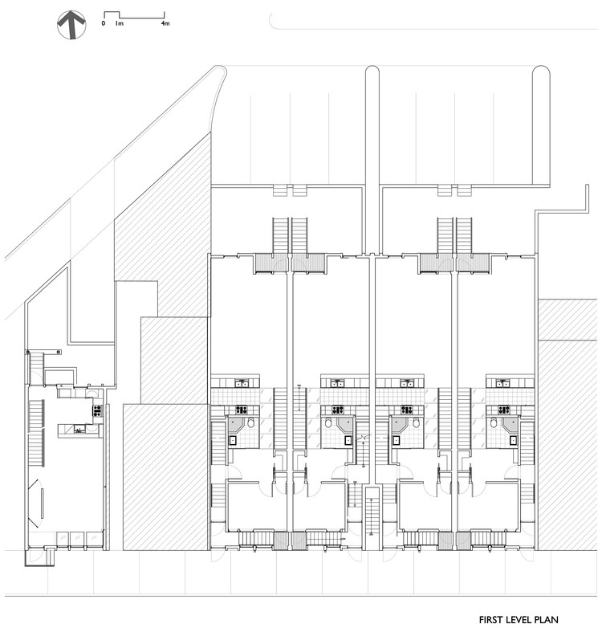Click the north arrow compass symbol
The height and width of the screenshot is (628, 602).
[71, 25]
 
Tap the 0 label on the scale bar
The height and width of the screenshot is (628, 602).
[103, 23]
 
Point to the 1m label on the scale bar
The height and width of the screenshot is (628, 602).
[119, 23]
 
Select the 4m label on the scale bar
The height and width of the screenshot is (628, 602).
[165, 23]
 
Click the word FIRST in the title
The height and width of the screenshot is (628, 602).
[494, 619]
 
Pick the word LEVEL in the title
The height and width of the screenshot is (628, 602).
[527, 619]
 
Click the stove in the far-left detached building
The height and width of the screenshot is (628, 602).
[97, 410]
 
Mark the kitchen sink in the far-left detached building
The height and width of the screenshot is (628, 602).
[80, 430]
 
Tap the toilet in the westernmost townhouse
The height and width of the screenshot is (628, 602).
[250, 422]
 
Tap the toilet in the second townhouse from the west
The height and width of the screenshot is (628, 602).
[327, 422]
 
